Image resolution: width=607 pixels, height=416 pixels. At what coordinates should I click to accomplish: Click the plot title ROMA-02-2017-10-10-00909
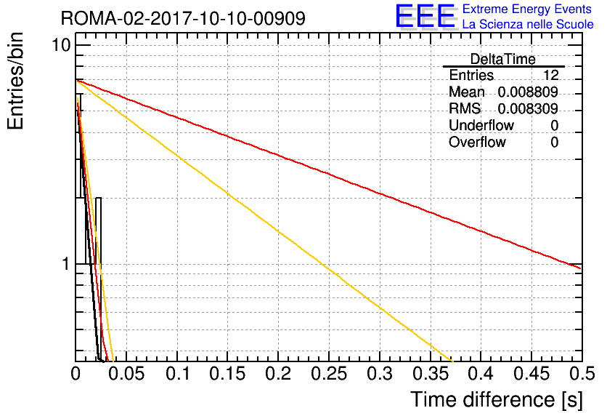click(183, 18)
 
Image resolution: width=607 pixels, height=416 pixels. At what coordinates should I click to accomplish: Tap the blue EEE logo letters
click(425, 16)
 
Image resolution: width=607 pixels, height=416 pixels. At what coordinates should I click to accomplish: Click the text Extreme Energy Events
click(527, 9)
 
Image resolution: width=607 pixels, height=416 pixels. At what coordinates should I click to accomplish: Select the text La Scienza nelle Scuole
click(528, 24)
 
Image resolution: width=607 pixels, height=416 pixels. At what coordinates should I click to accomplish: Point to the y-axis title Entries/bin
click(15, 81)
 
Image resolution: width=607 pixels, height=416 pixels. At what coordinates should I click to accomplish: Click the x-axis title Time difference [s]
click(497, 399)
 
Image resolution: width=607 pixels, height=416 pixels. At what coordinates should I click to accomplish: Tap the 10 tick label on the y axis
click(62, 45)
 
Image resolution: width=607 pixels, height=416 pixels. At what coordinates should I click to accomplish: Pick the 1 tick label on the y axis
click(66, 265)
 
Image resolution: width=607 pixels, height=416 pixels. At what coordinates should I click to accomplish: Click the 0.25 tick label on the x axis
click(329, 374)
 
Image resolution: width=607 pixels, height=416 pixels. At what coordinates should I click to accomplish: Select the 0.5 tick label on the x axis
click(582, 374)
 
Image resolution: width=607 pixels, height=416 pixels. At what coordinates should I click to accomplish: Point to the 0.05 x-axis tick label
click(126, 374)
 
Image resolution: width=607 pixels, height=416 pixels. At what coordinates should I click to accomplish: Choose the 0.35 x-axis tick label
click(431, 374)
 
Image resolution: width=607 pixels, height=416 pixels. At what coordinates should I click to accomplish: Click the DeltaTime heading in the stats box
click(503, 60)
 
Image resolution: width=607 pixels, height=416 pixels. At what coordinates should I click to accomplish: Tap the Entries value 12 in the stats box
click(550, 75)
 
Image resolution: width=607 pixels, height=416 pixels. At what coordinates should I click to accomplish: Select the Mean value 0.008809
click(528, 92)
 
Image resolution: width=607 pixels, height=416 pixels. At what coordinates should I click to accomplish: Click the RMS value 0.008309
click(528, 108)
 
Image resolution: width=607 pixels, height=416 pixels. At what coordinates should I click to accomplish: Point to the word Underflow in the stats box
click(481, 125)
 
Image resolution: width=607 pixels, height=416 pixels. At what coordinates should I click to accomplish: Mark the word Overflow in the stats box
click(477, 142)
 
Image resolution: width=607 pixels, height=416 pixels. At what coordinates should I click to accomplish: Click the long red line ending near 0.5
click(329, 174)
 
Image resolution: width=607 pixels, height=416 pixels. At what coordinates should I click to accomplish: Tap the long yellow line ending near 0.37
click(264, 220)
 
